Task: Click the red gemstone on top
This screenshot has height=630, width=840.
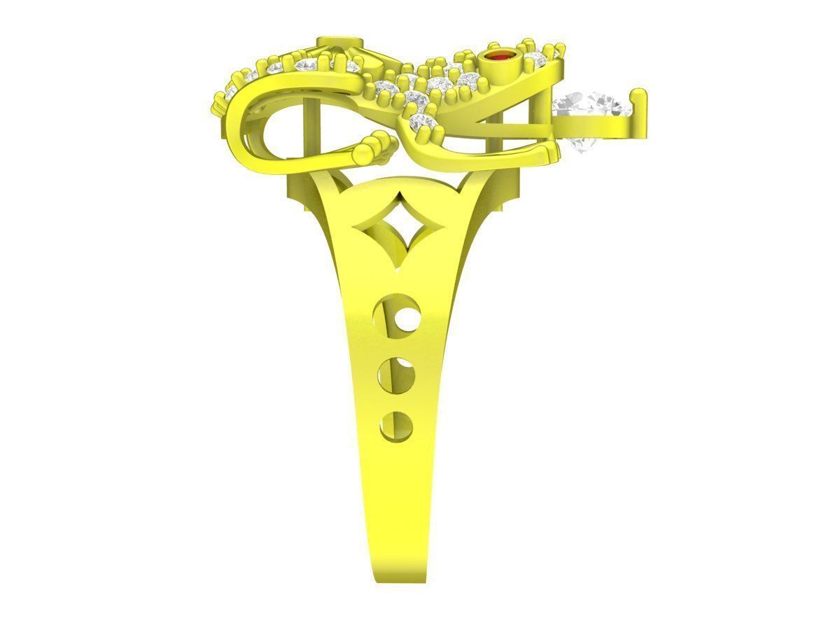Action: pyautogui.click(x=499, y=56)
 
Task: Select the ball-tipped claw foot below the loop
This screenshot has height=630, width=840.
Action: pyautogui.click(x=374, y=148)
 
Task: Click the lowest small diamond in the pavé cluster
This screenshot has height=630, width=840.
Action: pyautogui.click(x=422, y=124)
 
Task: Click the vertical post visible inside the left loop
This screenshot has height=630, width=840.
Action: pyautogui.click(x=302, y=133)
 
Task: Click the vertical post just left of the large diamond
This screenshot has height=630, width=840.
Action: pyautogui.click(x=542, y=105)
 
